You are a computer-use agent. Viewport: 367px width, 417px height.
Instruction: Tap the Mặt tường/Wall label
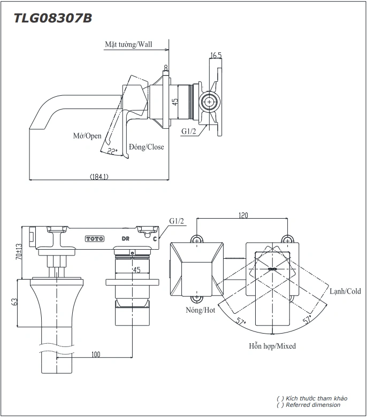click(x=128, y=45)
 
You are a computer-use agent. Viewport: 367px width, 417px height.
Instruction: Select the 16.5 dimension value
click(x=216, y=56)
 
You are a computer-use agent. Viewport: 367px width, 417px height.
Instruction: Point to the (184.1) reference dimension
click(x=99, y=177)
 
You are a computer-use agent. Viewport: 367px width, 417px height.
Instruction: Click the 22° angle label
click(x=112, y=151)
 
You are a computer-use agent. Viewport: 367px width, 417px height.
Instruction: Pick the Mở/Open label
click(x=87, y=136)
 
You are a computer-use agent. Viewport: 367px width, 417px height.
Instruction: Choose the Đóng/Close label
click(x=147, y=147)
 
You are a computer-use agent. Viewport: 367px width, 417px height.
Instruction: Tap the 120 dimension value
click(x=243, y=215)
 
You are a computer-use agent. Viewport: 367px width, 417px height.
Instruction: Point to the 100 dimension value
click(x=96, y=354)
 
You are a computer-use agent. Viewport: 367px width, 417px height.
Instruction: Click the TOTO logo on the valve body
click(x=95, y=238)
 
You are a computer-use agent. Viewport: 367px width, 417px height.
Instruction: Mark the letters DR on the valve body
click(x=126, y=238)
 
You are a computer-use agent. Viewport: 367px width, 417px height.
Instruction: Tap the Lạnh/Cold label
click(x=345, y=291)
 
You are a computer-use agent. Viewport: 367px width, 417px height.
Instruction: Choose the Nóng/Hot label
click(x=200, y=310)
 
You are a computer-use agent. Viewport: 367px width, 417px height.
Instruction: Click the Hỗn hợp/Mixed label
click(x=272, y=346)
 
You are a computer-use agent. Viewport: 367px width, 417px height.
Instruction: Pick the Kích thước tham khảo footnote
click(x=312, y=398)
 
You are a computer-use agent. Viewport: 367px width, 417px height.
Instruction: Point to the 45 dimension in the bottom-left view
click(x=136, y=270)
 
